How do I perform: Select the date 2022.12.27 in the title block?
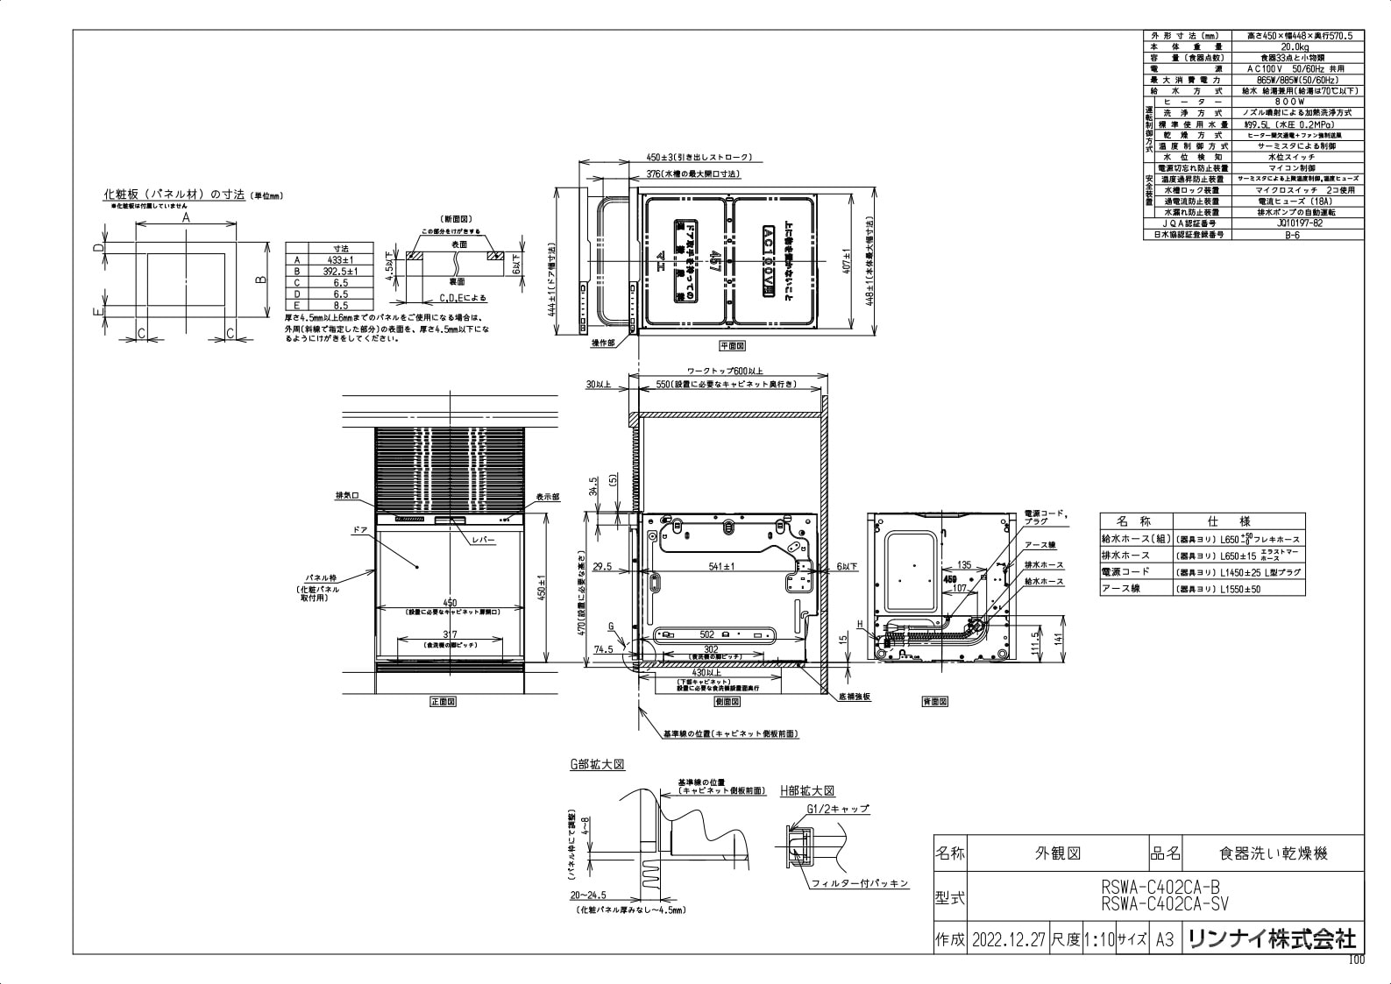pyautogui.click(x=1008, y=940)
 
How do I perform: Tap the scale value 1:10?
pyautogui.click(x=1098, y=940)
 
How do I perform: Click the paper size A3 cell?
pyautogui.click(x=1164, y=940)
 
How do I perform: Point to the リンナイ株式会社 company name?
pyautogui.click(x=1271, y=939)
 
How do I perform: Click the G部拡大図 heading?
pyautogui.click(x=597, y=765)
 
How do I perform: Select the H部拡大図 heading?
pyautogui.click(x=807, y=790)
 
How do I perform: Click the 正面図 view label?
pyautogui.click(x=444, y=702)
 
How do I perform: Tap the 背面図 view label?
pyautogui.click(x=935, y=702)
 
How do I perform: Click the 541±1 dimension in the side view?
pyautogui.click(x=721, y=567)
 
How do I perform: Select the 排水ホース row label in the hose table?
pyautogui.click(x=1125, y=556)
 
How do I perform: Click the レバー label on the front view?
pyautogui.click(x=484, y=540)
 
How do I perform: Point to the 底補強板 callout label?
pyautogui.click(x=854, y=697)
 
